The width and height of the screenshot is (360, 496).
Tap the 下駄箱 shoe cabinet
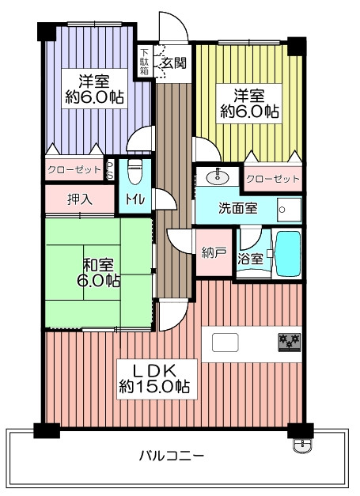pos(145,62)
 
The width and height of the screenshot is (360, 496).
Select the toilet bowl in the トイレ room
pos(135,172)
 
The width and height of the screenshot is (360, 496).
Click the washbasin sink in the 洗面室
pos(218,177)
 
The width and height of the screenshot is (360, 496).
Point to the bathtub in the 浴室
pos(287,254)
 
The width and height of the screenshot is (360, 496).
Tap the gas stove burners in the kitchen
pos(290,342)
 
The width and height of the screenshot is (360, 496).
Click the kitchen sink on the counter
pos(225,343)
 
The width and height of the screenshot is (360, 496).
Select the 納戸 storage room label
pos(214,252)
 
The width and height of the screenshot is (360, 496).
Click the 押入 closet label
pos(80,199)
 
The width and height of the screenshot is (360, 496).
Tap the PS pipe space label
pos(110,169)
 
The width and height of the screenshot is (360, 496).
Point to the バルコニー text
pos(172,456)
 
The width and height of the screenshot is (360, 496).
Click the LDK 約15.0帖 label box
pos(157,379)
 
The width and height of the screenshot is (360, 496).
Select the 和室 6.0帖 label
pos(98,273)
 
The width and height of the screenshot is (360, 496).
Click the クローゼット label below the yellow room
pos(273,179)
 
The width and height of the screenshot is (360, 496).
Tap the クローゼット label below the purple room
pos(74,170)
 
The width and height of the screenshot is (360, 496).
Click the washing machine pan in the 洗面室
pos(289,210)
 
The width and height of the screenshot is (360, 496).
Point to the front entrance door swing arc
pos(177,23)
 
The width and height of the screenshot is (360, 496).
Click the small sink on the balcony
pos(303,445)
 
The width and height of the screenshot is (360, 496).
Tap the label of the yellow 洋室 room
pos(249,104)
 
